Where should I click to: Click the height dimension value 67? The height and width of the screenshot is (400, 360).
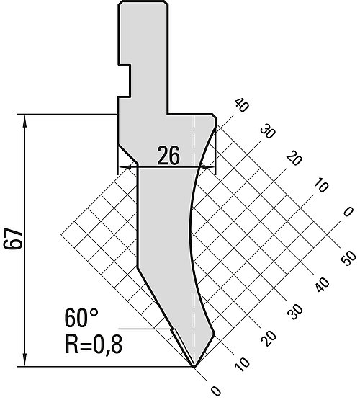pos(13,239)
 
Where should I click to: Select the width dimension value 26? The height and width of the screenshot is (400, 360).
pos(168,156)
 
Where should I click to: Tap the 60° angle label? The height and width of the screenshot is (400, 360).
pos(81,318)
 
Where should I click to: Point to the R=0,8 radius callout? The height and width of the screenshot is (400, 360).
pos(94,344)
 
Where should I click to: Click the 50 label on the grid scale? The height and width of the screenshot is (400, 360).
pos(348,258)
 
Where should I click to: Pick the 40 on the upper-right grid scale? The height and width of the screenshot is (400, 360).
pos(241,105)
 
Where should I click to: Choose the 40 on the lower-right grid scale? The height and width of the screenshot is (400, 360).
pos(323,284)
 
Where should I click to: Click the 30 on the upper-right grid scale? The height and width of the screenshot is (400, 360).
pos(268,131)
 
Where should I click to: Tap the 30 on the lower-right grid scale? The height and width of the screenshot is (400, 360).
pos(295,312)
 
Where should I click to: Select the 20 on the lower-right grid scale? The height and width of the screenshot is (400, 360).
pos(269,338)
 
